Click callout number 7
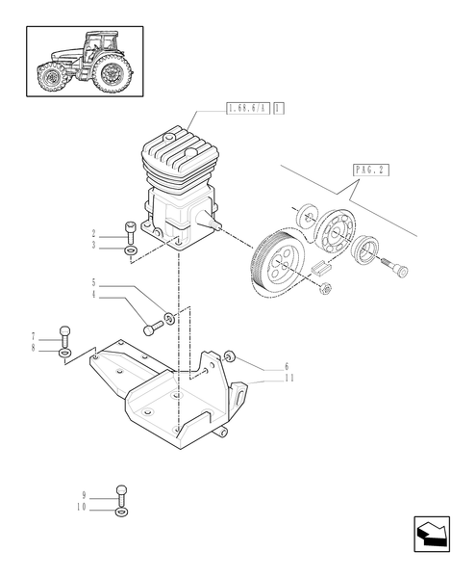coord(33,335)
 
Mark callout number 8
coord(33,347)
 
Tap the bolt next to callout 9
coord(122,493)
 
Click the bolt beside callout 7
coord(64,334)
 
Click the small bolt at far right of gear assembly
coord(397,270)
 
